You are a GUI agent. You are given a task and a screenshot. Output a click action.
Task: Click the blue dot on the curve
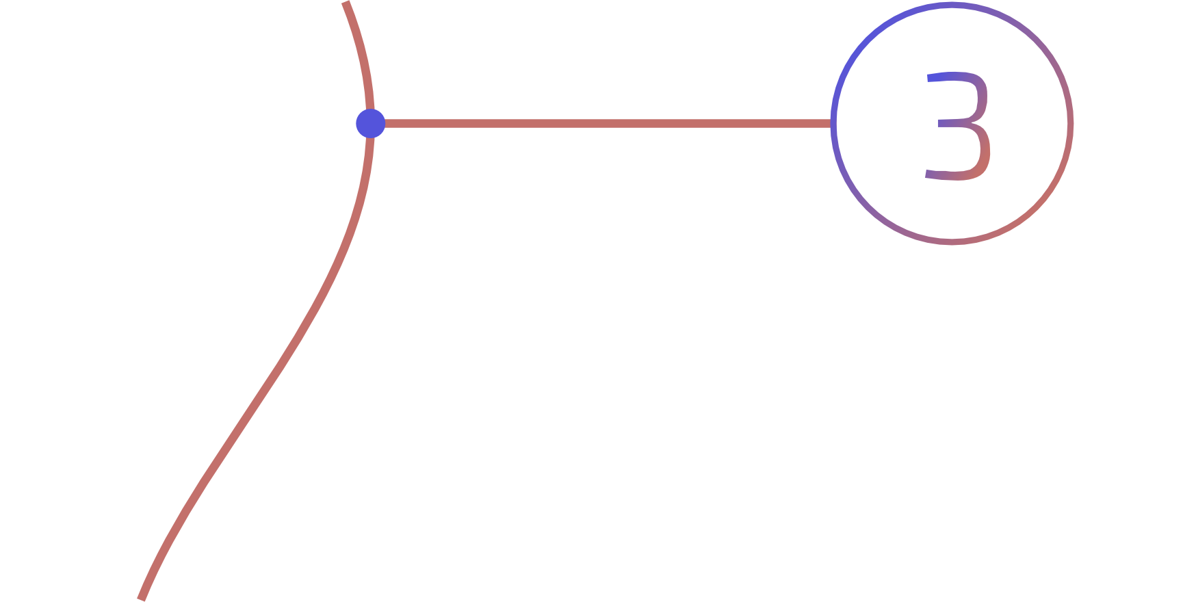(x=371, y=123)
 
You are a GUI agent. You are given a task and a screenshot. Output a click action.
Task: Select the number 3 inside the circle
(x=958, y=125)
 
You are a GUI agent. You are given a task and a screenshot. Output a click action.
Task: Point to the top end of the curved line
(x=346, y=3)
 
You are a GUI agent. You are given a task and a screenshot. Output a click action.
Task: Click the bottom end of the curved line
(x=141, y=599)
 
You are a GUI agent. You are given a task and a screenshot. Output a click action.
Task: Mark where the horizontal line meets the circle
(x=833, y=123)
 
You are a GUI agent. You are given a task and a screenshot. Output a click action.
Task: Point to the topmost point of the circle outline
(x=952, y=5)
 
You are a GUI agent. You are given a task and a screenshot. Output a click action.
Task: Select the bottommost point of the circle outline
(x=952, y=241)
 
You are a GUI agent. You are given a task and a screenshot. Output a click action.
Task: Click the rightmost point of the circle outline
(x=1070, y=123)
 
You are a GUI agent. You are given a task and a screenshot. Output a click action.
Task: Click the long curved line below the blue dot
(x=287, y=356)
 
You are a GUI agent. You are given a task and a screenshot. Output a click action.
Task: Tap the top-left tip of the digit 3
(x=929, y=77)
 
